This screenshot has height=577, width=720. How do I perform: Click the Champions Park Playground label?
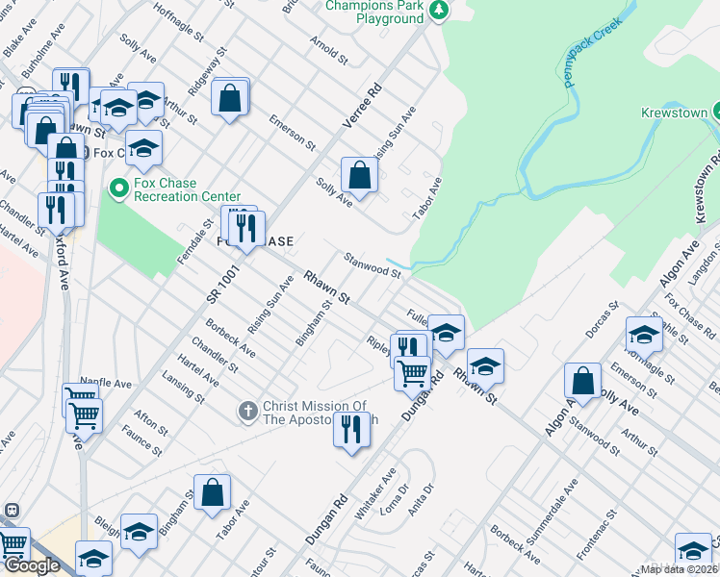click(374, 12)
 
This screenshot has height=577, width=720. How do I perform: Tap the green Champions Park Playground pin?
click(439, 11)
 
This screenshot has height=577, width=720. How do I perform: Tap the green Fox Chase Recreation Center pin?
click(119, 187)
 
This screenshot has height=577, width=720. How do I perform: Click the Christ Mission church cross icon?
click(247, 412)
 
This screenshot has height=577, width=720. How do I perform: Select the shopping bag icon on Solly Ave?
click(359, 176)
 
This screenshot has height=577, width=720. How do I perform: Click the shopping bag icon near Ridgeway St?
click(230, 97)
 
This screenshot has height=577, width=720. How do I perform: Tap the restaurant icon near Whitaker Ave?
click(352, 427)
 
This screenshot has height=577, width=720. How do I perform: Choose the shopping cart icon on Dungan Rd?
click(413, 371)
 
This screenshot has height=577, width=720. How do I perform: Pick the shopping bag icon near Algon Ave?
click(582, 380)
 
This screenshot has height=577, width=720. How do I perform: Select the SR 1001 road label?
click(222, 286)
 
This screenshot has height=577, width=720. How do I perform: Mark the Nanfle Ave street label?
click(106, 383)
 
